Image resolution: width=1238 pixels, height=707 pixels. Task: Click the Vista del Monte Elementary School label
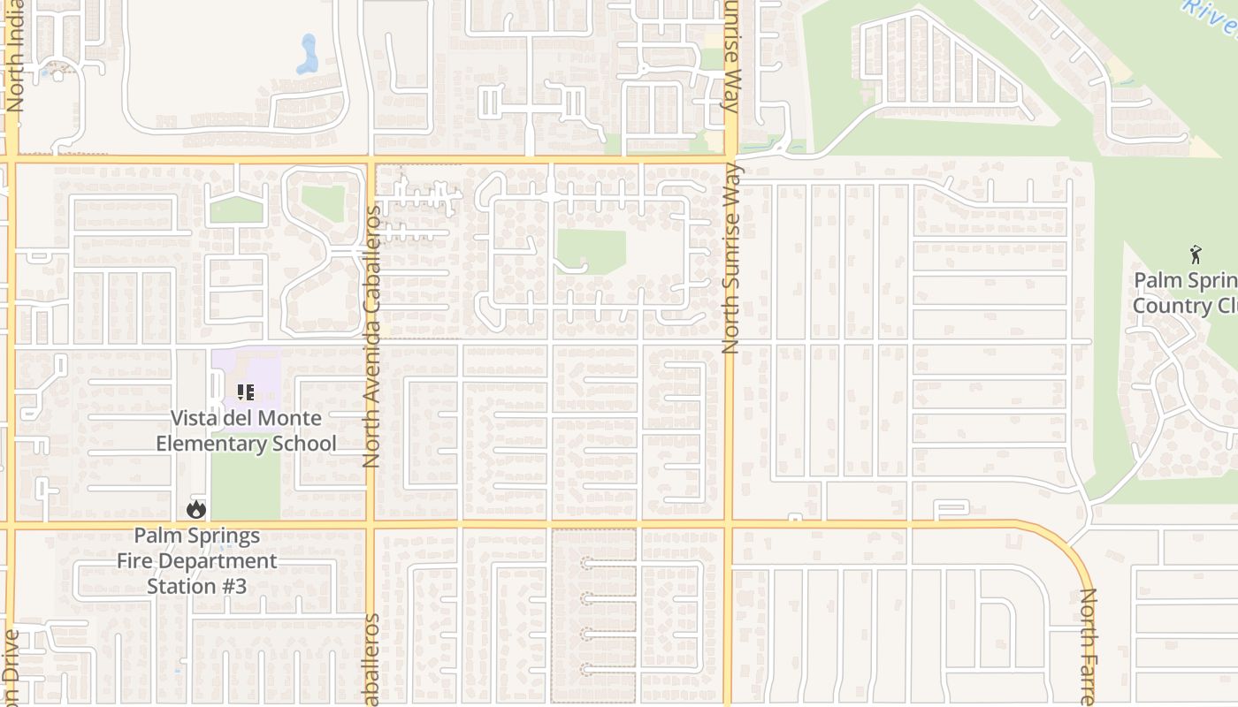pos(246,430)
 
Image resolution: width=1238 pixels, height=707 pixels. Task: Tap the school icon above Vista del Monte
pos(245,392)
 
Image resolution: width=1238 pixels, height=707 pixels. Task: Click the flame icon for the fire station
pos(196,509)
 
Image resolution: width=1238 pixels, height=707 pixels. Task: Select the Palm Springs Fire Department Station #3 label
pos(196,560)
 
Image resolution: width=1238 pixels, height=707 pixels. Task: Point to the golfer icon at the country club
pos(1196,255)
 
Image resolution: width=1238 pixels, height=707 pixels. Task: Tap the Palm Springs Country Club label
pos(1185,293)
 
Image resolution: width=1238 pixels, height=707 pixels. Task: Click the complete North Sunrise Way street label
pos(730,259)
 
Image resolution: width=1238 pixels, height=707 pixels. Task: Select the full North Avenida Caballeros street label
pos(371,336)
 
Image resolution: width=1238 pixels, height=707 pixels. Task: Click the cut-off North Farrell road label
pos(1087,646)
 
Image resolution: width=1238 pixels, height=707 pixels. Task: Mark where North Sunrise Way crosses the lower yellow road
pos(729,525)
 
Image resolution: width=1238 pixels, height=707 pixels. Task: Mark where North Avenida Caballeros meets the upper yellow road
pos(371,160)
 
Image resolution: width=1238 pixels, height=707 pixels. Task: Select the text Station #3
pos(196,586)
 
